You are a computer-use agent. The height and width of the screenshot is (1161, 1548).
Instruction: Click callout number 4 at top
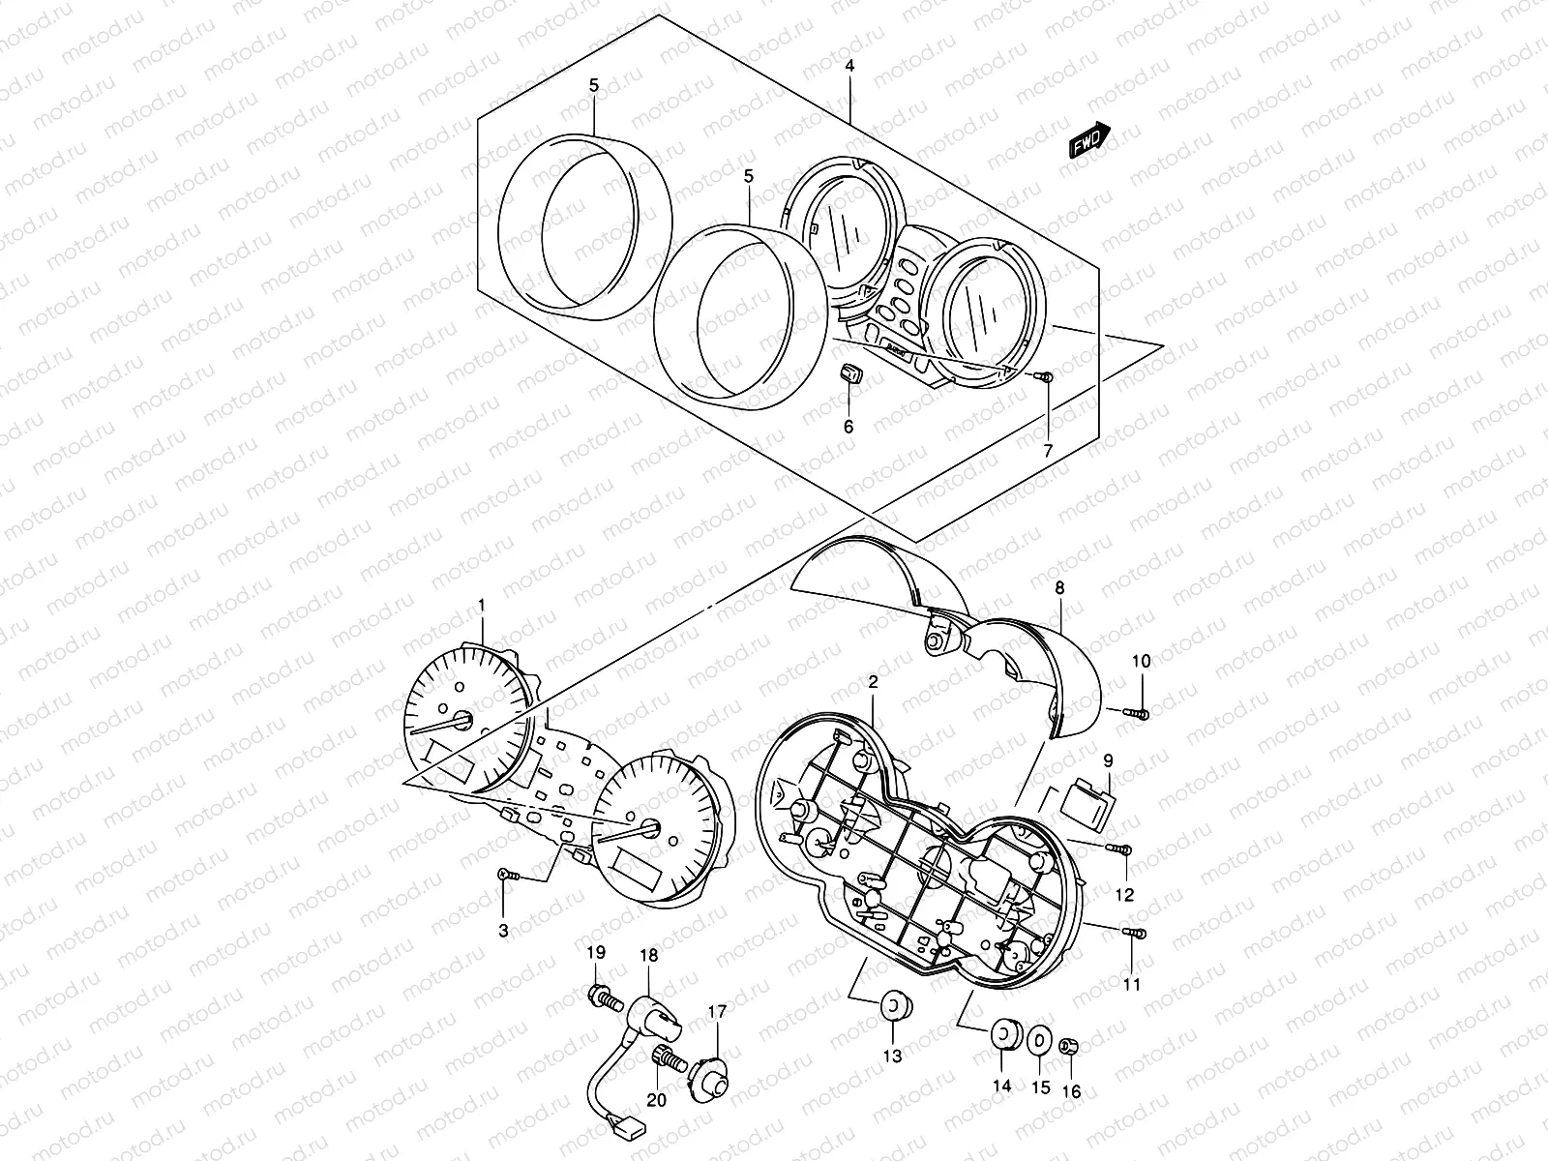[x=849, y=67]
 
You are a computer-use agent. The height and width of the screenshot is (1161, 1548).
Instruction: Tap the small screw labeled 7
[x=1045, y=376]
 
